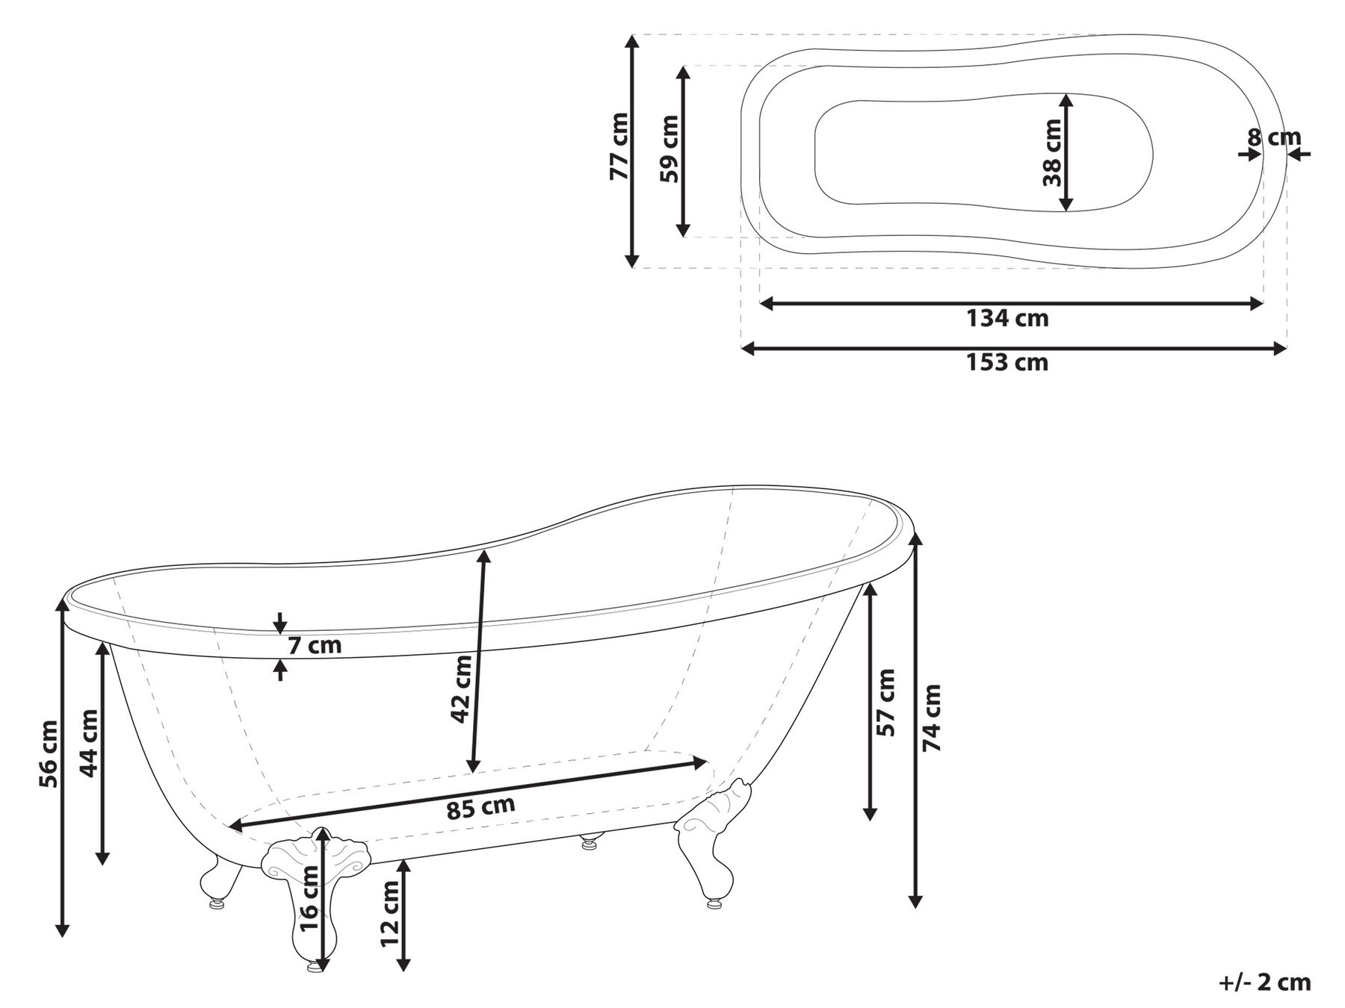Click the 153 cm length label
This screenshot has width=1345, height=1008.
1007,363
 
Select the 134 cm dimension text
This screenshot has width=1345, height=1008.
1007,319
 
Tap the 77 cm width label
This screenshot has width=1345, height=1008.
619,147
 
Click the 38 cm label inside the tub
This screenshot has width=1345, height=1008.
1052,152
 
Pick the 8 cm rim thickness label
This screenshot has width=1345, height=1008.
1273,138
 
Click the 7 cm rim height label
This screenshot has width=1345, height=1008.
315,645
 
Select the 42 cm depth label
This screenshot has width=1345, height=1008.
462,688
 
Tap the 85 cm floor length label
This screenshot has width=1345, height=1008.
480,808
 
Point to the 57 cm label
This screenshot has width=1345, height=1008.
886,702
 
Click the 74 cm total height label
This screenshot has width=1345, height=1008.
932,717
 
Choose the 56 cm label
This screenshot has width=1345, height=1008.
49,753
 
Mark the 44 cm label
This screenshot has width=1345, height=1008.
89,743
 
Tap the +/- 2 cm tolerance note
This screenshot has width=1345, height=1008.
1264,983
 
